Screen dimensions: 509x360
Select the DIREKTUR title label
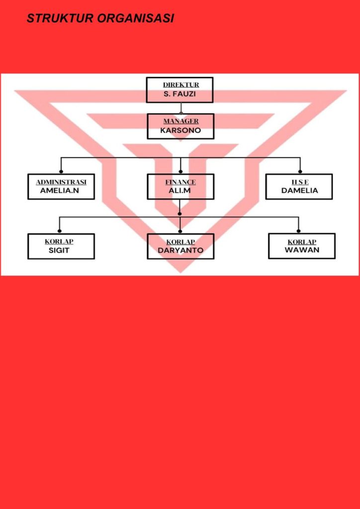click(180, 85)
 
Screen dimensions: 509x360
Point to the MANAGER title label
click(181, 121)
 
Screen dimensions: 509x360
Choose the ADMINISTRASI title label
click(61, 182)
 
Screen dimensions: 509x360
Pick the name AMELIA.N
click(60, 191)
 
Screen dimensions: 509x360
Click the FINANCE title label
click(180, 182)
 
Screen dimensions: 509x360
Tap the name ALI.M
click(180, 191)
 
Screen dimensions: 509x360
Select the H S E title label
click(300, 182)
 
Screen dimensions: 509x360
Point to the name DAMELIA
click(299, 191)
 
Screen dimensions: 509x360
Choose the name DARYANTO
click(180, 251)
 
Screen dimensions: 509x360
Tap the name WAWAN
click(302, 250)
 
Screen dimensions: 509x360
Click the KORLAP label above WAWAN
click(302, 242)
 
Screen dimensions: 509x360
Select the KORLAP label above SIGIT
click(59, 242)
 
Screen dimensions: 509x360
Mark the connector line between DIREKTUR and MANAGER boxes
click(180, 108)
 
